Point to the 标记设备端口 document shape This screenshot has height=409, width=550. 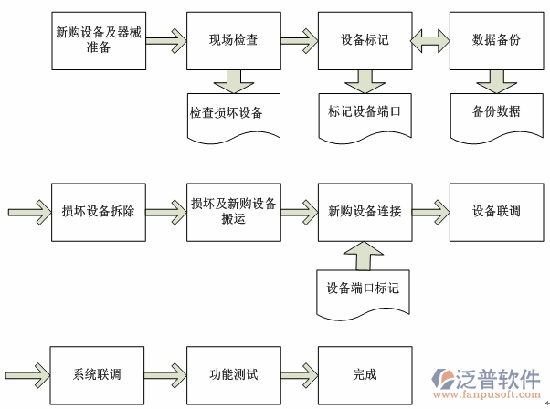pyautogui.click(x=364, y=111)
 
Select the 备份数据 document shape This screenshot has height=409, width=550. pyautogui.click(x=496, y=111)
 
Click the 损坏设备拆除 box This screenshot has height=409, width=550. pyautogui.click(x=99, y=210)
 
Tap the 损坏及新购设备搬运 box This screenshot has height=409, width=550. pyautogui.click(x=232, y=210)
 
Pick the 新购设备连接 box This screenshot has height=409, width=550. pyautogui.click(x=364, y=210)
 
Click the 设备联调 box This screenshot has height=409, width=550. pyautogui.click(x=496, y=210)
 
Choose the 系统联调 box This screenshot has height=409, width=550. pyautogui.click(x=99, y=374)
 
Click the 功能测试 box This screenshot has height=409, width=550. pyautogui.click(x=232, y=374)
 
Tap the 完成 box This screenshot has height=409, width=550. pyautogui.click(x=364, y=374)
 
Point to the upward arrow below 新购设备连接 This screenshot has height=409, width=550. pyautogui.click(x=364, y=256)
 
